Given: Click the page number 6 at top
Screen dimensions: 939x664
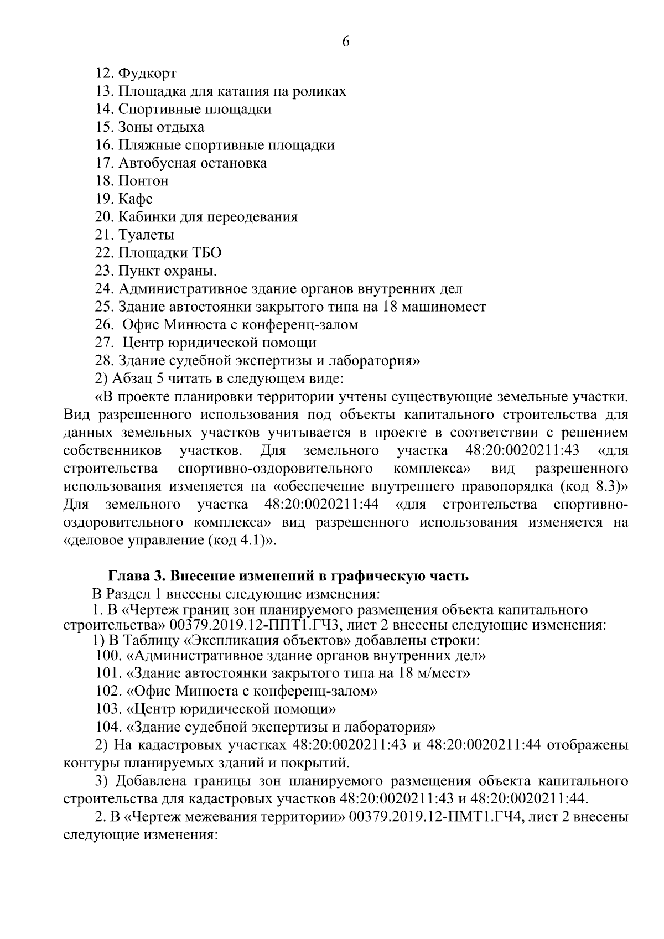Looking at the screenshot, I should (x=346, y=42).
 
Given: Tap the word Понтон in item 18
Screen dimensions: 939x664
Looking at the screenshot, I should (x=143, y=181).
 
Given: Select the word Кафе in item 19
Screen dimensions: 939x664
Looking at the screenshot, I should (x=136, y=199).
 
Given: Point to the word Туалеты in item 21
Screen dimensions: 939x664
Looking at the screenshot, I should (x=147, y=235).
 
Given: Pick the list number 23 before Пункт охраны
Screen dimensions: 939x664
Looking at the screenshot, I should (x=104, y=271).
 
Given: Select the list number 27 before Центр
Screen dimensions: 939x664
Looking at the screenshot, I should (x=104, y=343).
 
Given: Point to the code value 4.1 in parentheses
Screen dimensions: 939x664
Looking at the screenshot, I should (x=250, y=541).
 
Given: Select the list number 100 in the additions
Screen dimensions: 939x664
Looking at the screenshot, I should (x=108, y=656).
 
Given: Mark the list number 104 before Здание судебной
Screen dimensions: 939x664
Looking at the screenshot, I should (x=108, y=727).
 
